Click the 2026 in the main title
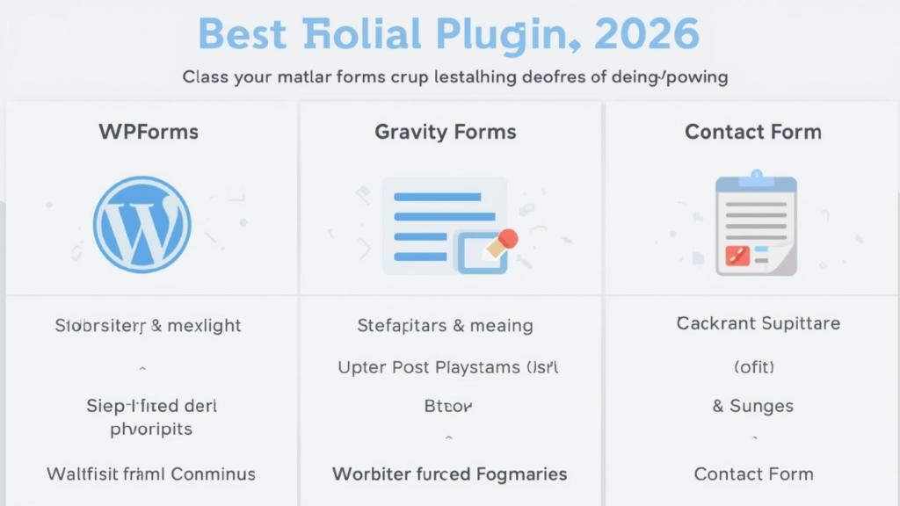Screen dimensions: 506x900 pos(647,33)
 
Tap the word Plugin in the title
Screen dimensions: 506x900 pos(504,35)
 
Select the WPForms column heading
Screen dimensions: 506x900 pos(149,133)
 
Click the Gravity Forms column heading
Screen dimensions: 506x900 pos(446,133)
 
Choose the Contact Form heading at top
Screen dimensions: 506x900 pos(753,133)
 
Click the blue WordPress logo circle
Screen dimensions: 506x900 pos(142,224)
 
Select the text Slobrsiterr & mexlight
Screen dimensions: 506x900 pos(148,326)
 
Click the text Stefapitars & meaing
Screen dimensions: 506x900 pos(445,326)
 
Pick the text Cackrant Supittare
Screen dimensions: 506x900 pos(758,323)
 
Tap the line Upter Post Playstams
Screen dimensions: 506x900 pos(448,367)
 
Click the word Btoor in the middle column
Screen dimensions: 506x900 pos(448,407)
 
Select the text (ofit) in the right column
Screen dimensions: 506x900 pos(753,366)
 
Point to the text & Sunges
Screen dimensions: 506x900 pos(752,406)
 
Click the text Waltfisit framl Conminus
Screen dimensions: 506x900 pos(150,474)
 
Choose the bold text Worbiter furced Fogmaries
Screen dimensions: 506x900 pos(449,474)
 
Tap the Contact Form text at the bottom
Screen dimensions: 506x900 pos(753,474)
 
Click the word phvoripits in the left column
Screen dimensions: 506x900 pos(151,430)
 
